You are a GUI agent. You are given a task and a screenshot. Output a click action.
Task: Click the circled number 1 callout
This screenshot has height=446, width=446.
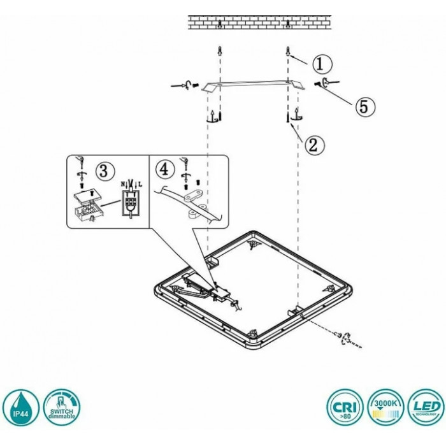(322, 63)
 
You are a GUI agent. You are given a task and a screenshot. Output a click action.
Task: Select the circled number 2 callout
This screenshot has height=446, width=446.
(311, 145)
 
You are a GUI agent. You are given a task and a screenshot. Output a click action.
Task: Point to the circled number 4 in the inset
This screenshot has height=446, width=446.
(164, 169)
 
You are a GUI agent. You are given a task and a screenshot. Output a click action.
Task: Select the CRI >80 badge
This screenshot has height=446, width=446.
(344, 408)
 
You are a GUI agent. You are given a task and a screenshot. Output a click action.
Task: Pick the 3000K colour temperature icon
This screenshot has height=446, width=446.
(385, 408)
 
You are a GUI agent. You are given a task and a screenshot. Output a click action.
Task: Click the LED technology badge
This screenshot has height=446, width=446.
(426, 408)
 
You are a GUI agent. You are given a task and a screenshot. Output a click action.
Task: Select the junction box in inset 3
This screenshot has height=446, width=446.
(88, 207)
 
